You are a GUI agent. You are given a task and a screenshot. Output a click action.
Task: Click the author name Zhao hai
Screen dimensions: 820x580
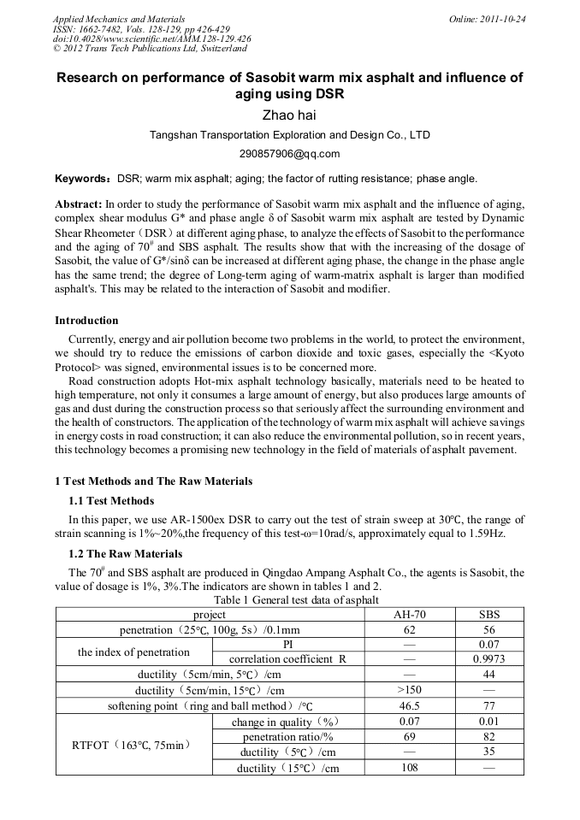point(289,115)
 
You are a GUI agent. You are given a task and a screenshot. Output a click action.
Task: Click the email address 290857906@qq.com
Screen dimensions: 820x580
point(289,154)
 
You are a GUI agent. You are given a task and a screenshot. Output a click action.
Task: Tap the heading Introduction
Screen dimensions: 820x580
point(86,321)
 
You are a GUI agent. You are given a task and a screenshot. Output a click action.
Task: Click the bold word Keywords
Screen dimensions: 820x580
point(80,179)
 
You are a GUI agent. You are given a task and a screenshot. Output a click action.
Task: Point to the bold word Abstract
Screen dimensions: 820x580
point(78,205)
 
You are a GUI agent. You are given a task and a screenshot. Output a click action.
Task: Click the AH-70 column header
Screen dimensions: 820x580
point(409,614)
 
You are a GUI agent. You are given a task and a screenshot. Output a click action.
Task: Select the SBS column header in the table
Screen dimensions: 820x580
point(488,614)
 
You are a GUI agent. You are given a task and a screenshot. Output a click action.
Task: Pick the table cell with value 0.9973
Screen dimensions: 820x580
point(488,659)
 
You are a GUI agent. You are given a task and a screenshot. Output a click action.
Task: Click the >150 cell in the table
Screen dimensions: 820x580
point(409,690)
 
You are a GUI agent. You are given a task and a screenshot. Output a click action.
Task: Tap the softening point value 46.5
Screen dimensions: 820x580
point(409,705)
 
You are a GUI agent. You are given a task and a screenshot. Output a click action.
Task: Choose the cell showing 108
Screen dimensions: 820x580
point(409,768)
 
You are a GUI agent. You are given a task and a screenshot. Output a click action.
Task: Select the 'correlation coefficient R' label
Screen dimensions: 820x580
point(287,659)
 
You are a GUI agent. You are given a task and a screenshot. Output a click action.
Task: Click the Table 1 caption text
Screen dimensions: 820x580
point(289,600)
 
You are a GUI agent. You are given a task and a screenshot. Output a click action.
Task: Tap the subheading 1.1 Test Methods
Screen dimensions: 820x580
point(111,500)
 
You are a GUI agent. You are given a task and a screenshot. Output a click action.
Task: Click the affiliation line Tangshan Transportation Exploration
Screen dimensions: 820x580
point(289,135)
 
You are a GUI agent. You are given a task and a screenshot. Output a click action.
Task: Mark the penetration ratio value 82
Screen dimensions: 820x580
point(488,736)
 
